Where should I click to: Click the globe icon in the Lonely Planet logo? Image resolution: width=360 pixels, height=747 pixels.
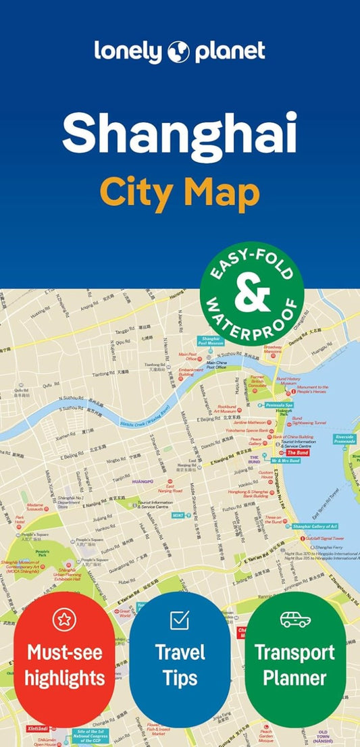coord(179,51)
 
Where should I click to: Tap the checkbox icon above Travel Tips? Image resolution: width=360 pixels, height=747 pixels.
coord(180,619)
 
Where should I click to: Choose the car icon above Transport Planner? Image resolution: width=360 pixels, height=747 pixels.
coord(295,619)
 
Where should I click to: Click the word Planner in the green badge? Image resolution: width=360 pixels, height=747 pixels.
coord(295,677)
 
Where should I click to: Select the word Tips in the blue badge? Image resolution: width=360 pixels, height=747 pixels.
coord(180,677)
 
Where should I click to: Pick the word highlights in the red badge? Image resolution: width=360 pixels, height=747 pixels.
coord(65,677)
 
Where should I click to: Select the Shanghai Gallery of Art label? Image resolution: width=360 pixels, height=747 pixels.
coord(315,526)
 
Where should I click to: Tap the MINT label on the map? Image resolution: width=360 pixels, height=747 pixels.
coord(178,515)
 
